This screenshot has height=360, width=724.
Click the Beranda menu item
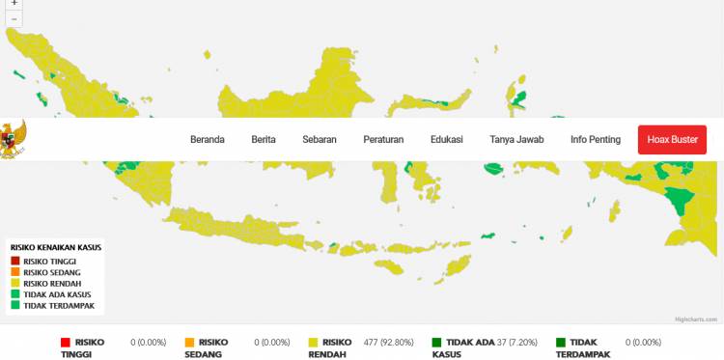click(x=207, y=140)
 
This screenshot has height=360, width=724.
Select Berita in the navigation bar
click(x=264, y=140)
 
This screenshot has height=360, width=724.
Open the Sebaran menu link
click(x=320, y=140)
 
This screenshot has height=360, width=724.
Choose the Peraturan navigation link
click(x=383, y=140)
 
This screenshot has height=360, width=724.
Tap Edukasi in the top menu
click(x=447, y=140)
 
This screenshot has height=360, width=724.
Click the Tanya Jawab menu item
click(x=516, y=140)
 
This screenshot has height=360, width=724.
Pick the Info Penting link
click(x=596, y=140)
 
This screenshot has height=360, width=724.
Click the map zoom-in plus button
click(x=14, y=4)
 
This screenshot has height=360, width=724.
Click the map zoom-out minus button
click(x=14, y=18)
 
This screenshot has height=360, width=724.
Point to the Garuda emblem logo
click(x=12, y=140)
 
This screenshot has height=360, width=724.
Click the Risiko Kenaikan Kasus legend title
click(x=56, y=247)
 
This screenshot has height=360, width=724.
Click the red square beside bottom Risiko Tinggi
click(x=66, y=342)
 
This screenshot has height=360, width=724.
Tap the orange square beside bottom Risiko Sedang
click(x=189, y=342)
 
